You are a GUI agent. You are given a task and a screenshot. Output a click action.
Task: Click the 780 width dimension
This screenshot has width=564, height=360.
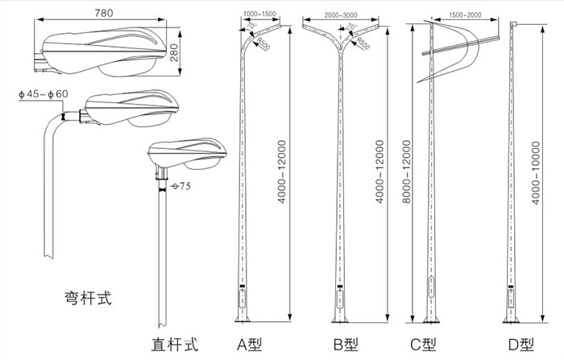click(103, 13)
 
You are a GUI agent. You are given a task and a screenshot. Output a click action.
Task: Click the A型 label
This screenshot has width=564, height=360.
click(247, 345)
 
